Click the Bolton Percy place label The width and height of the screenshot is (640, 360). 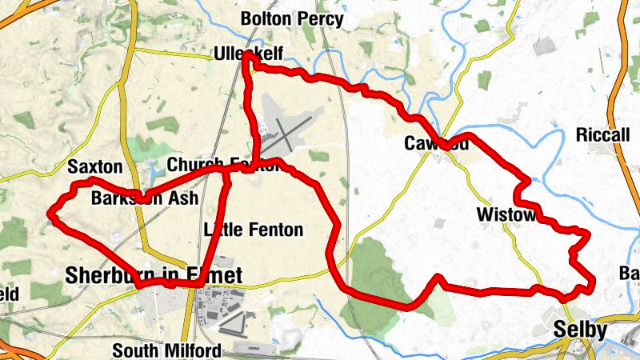click(x=292, y=18)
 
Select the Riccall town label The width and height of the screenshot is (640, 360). click(x=602, y=134)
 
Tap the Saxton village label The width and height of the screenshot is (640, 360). click(x=95, y=167)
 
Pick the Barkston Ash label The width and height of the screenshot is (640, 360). click(x=143, y=199)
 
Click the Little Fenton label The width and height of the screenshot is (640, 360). click(x=254, y=230)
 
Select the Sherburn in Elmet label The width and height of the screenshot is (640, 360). click(x=153, y=276)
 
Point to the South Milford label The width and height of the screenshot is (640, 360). click(x=166, y=350)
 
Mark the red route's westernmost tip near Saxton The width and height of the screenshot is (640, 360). click(x=51, y=213)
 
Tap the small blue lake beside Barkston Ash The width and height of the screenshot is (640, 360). click(x=153, y=170)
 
